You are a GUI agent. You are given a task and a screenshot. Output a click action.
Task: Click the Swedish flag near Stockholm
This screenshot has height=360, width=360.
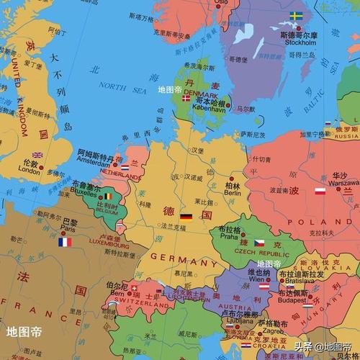point(296,15)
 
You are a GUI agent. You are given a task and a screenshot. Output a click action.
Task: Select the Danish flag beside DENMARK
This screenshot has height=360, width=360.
point(186,99)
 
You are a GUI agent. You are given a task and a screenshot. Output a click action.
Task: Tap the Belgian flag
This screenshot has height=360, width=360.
point(108,195)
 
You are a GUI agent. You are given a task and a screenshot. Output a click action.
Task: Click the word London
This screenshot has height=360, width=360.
point(29,171)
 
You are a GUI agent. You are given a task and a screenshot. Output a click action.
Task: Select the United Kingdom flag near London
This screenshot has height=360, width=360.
point(37,155)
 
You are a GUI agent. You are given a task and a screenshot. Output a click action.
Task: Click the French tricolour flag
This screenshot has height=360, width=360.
point(65,242)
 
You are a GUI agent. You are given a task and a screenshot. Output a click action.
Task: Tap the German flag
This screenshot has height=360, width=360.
point(186,216)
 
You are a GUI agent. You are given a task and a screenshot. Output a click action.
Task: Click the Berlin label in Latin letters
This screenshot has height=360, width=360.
point(232,192)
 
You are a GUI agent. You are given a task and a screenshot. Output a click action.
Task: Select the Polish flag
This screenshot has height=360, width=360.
point(320,191)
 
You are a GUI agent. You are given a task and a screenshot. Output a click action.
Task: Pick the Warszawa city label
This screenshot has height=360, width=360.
point(340,183)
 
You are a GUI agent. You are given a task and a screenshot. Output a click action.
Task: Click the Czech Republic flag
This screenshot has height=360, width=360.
point(259,243)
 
